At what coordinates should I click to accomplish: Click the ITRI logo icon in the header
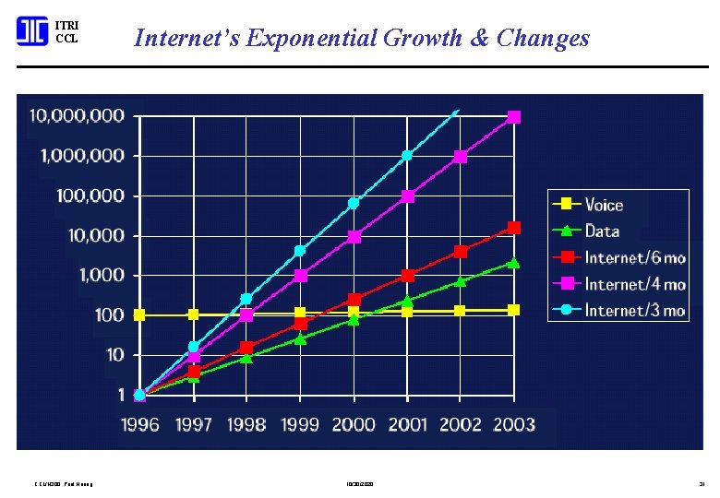point(32,32)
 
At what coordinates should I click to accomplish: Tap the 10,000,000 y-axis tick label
point(78,116)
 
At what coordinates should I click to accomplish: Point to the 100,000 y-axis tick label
point(90,196)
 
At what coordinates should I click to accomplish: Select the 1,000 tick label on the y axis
point(102,275)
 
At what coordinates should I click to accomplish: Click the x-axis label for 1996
point(139,424)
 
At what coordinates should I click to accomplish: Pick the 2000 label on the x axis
point(354,424)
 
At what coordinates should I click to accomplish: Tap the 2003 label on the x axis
point(513,424)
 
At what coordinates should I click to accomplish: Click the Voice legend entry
point(604,205)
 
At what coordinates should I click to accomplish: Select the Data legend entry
point(602,231)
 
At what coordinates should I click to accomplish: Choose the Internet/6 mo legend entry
point(635,257)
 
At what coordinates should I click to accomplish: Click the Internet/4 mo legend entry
point(635,284)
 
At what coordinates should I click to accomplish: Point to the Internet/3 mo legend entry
point(635,311)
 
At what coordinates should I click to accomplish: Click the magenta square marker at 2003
point(514,117)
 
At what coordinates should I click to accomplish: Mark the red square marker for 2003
point(514,228)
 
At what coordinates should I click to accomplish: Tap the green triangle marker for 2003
point(514,263)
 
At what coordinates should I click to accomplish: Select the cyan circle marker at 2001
point(407,155)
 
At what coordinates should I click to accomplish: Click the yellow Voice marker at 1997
point(193,314)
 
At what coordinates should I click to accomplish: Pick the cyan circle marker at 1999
point(300,251)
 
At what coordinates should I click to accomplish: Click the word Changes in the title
point(543,38)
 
